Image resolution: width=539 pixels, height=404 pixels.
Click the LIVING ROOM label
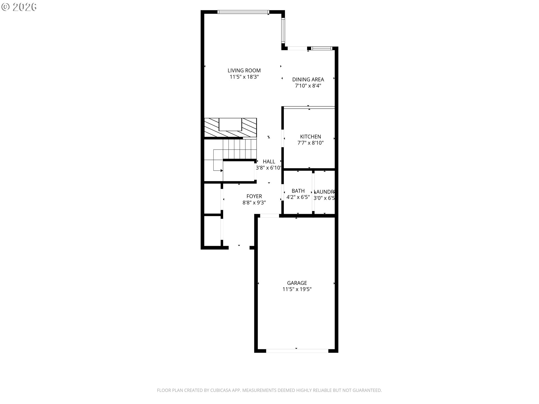coord(244,71)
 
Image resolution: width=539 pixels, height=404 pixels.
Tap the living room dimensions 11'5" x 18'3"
coord(244,77)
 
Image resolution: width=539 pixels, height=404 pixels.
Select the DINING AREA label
coord(308,80)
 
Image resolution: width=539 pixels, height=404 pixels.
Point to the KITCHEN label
coord(310,137)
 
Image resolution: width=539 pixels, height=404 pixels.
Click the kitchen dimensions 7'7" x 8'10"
coord(310,143)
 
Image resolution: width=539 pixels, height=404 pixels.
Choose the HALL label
coord(269,162)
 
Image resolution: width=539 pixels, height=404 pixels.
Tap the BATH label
coord(298,191)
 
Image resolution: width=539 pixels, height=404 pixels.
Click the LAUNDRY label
coord(325,192)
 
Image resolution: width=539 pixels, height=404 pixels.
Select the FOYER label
coord(254,196)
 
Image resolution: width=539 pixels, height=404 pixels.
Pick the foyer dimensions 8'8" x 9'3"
coord(254,203)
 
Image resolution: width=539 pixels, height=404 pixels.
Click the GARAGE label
coord(297,283)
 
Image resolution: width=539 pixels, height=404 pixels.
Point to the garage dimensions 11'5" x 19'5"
coord(297,289)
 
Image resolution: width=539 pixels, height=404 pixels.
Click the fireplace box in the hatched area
coord(230,124)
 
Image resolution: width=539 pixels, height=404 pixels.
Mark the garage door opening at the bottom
coord(297,351)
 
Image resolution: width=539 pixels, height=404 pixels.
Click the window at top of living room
coord(243,12)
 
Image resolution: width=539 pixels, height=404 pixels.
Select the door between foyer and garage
coord(269,216)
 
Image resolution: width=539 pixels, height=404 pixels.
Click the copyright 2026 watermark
coord(19,7)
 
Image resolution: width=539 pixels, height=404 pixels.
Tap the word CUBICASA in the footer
coord(221,390)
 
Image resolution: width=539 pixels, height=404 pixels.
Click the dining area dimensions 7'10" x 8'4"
coord(308,86)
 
